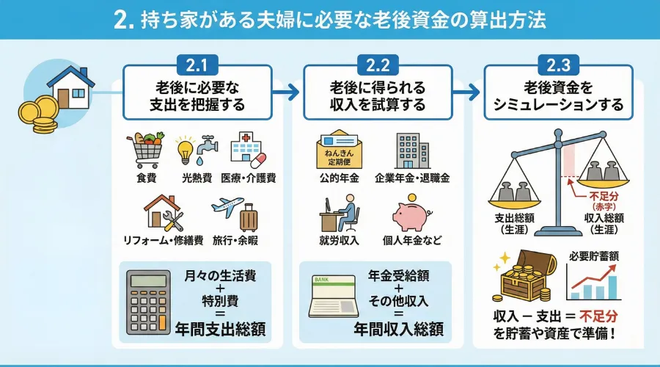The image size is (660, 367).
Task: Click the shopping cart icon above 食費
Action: tap(144, 150)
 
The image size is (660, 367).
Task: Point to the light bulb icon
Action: tap(186, 150)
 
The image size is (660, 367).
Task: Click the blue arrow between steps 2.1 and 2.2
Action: tap(288, 93)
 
